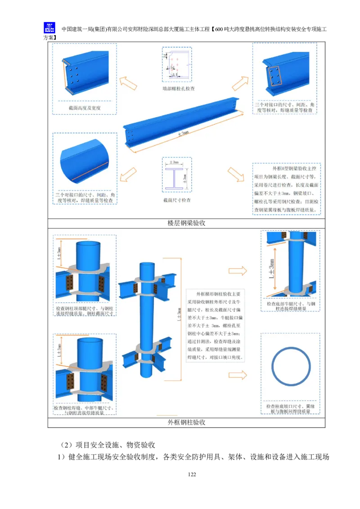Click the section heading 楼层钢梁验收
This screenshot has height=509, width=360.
point(186,223)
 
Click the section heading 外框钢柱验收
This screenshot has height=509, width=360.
point(186,423)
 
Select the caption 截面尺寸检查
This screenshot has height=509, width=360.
point(176,200)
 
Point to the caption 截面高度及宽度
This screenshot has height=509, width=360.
point(84,108)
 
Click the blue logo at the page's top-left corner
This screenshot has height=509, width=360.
point(48,28)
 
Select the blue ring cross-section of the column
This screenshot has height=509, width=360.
point(290,365)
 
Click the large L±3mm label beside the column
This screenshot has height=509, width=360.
point(271,270)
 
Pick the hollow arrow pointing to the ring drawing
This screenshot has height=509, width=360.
point(238,375)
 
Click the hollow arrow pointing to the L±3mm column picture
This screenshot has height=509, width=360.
point(238,270)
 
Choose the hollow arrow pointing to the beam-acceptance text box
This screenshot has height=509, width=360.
point(235,174)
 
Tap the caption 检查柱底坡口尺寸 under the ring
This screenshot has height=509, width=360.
point(290,408)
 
